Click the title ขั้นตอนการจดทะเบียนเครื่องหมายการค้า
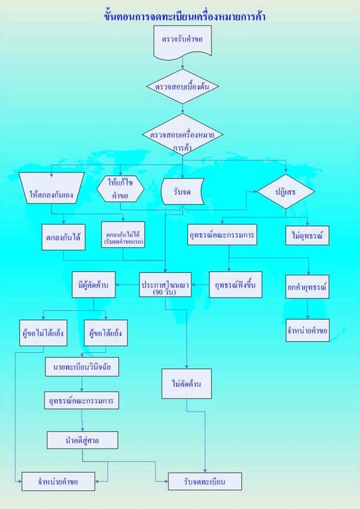click(185, 16)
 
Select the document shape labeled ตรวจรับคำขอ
click(183, 41)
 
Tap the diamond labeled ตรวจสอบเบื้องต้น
click(182, 87)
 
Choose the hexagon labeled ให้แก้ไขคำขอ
click(120, 189)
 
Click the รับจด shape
click(183, 191)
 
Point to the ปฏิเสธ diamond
click(286, 191)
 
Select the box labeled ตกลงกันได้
click(64, 237)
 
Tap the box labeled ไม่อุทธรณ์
click(307, 235)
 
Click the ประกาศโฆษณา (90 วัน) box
click(165, 284)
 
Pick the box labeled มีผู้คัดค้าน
click(94, 284)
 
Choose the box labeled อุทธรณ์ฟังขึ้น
click(235, 284)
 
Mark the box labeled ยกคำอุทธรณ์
click(307, 287)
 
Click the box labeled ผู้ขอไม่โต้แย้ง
click(43, 333)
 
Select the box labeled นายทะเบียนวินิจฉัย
click(82, 367)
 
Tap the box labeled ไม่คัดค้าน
click(186, 384)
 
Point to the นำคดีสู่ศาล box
click(82, 440)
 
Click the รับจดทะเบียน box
click(205, 481)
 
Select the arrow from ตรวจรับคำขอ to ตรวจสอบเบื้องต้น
click(183, 63)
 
